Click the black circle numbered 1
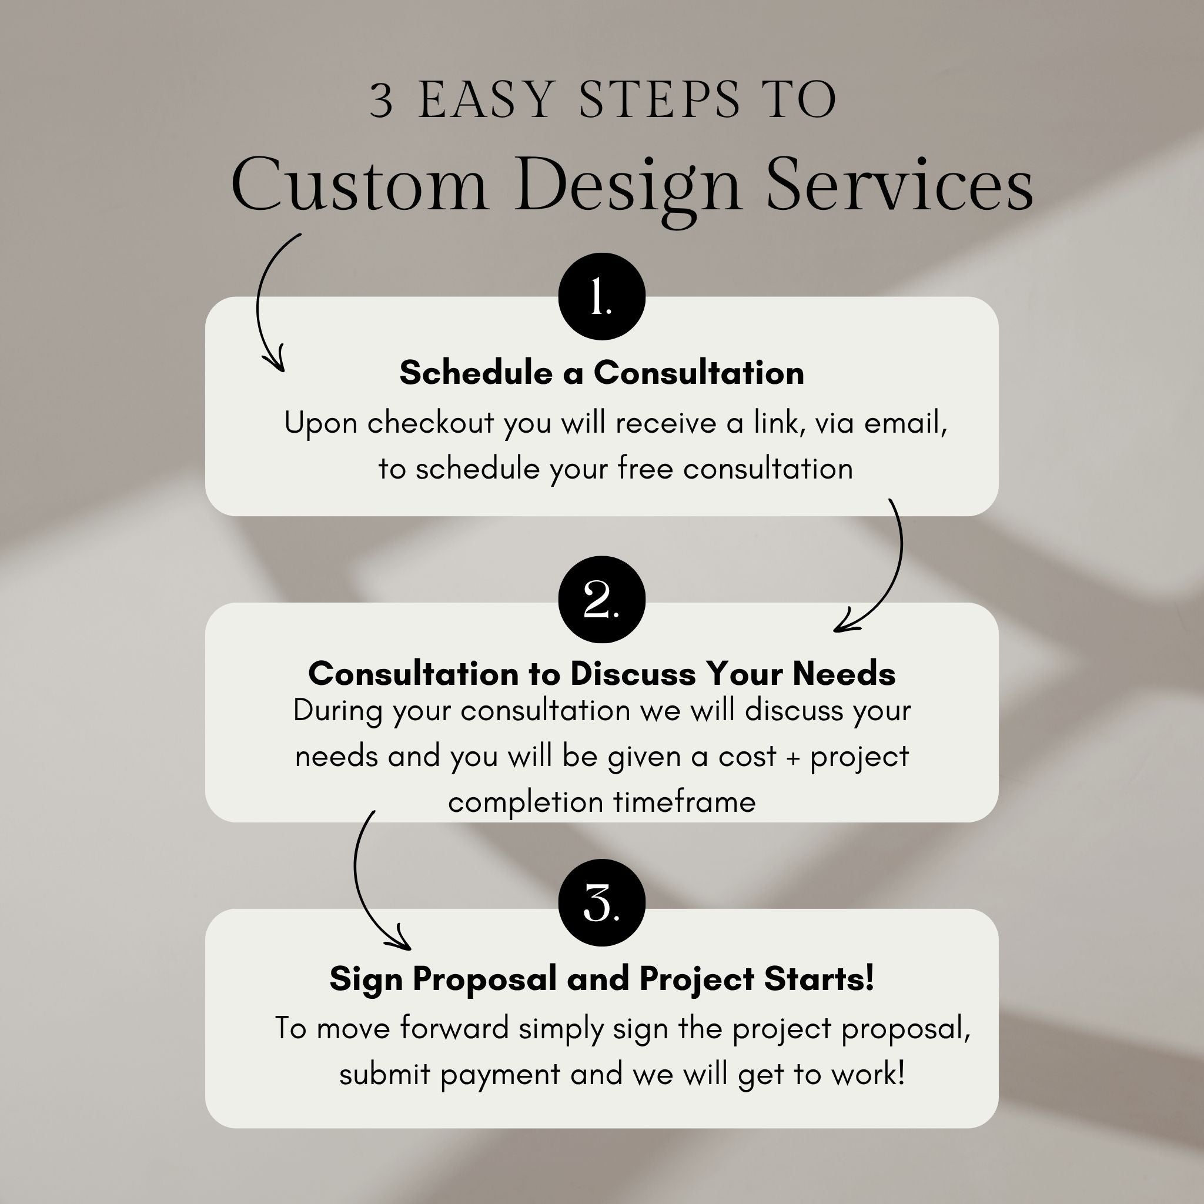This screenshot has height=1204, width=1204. pos(601,297)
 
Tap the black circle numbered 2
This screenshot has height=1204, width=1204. pos(601,600)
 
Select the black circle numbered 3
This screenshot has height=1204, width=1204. pos(601,902)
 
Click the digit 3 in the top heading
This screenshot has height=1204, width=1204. pos(382,101)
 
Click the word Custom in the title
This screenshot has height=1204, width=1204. pos(359,185)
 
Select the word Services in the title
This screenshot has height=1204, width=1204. pos(899,185)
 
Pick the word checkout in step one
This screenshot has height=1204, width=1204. pos(430,423)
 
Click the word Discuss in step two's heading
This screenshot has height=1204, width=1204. pos(633,674)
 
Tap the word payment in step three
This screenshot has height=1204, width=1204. pos(500,1075)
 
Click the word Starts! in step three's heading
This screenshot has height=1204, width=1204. pos(819,978)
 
